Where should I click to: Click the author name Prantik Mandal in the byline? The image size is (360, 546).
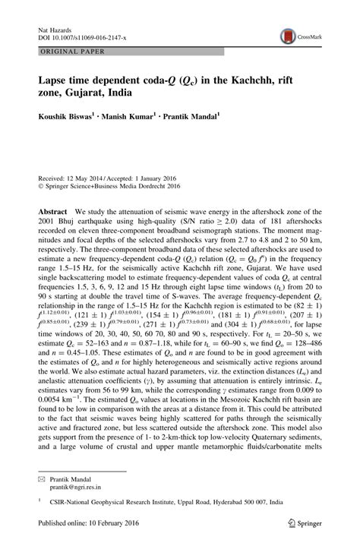(191, 118)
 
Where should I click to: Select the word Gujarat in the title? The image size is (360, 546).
(82, 93)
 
